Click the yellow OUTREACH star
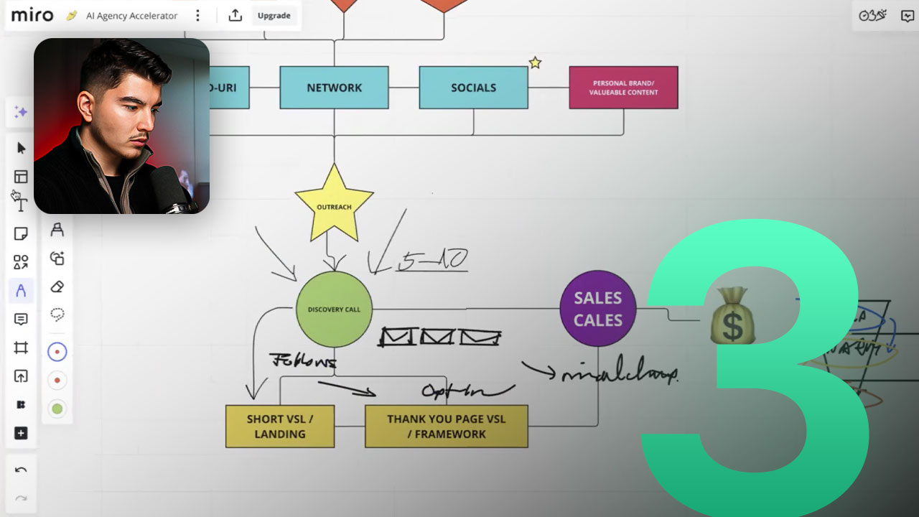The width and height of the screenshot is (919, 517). (x=334, y=205)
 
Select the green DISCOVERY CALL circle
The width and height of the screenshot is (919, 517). (x=334, y=309)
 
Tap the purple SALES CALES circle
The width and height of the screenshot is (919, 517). (x=597, y=309)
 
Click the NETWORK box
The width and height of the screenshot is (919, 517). (x=334, y=88)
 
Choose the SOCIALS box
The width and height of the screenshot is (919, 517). (x=473, y=88)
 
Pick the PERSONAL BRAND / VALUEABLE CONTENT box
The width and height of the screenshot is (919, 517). (x=623, y=88)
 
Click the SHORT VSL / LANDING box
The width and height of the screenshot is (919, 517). (x=280, y=427)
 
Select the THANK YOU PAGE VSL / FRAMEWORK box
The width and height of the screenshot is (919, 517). (x=446, y=427)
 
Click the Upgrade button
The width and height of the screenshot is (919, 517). (x=274, y=16)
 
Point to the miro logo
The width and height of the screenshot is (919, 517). (x=32, y=15)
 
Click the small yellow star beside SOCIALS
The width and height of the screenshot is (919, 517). (x=535, y=62)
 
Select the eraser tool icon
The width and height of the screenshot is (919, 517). (x=57, y=287)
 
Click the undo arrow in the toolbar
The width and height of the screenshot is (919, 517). (x=21, y=470)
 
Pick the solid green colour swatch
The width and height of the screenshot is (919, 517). (x=57, y=409)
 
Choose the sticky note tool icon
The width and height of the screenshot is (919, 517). (x=21, y=234)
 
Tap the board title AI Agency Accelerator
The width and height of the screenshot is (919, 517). (x=131, y=16)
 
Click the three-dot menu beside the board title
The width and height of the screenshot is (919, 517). (x=198, y=16)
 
